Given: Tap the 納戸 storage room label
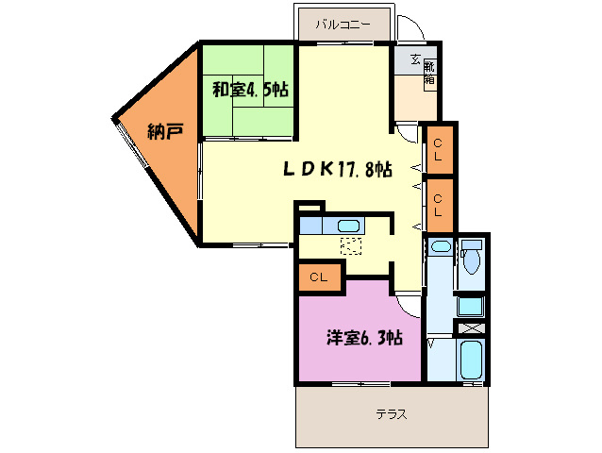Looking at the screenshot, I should click(x=165, y=132).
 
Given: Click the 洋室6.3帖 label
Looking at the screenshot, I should click(x=366, y=337).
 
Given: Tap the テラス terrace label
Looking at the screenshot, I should click(x=391, y=413).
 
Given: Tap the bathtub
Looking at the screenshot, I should click(x=471, y=360).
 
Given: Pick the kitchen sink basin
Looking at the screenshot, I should click(x=348, y=226).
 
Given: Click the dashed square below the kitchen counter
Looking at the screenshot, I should click(x=350, y=246).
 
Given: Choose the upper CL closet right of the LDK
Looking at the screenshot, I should click(x=439, y=150).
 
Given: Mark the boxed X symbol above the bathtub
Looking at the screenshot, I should click(x=471, y=328).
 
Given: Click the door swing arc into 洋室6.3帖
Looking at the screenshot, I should click(x=408, y=303).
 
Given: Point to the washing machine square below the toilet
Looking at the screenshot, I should click(x=470, y=306).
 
